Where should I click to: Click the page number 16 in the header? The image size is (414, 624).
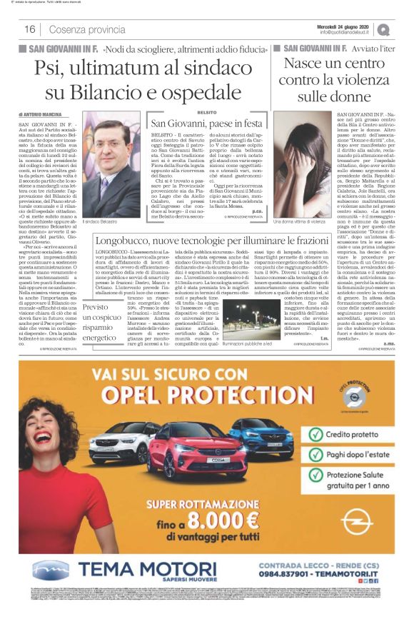(30, 29)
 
